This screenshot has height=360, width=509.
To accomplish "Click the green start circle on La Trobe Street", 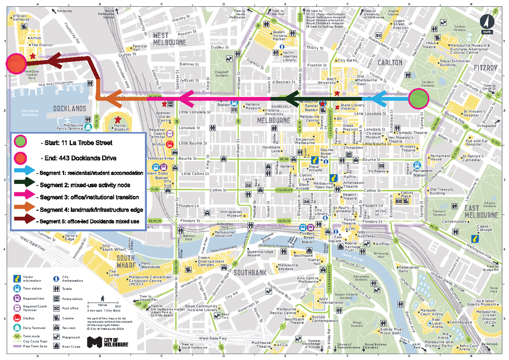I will [419, 99].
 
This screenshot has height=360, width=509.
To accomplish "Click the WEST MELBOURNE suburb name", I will [169, 39].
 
